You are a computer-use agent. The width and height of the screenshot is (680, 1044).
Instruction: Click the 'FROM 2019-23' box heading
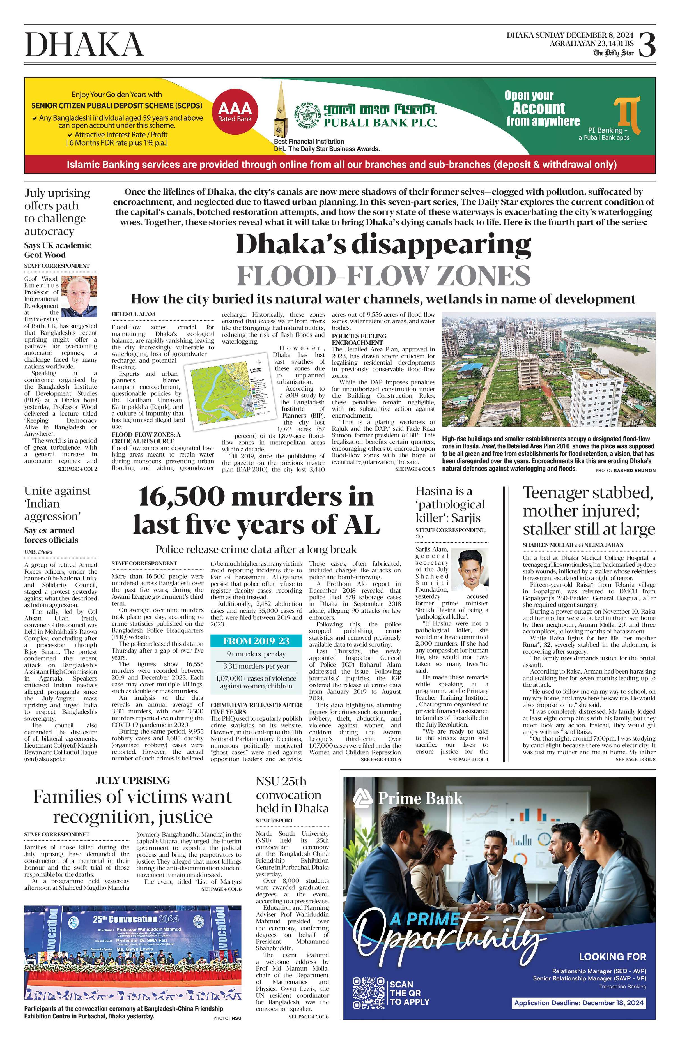(x=256, y=641)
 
